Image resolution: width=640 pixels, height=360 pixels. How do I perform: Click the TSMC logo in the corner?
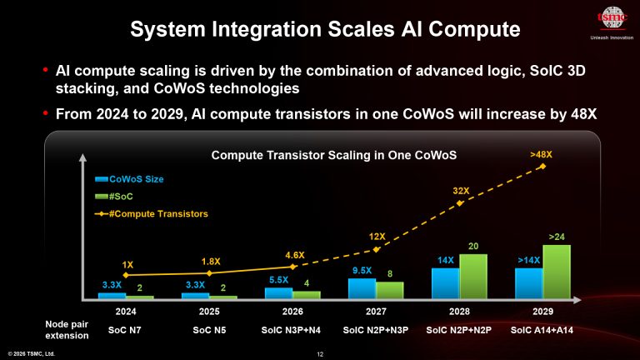tap(612, 17)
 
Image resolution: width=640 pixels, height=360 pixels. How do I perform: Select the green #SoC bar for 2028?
tap(473, 276)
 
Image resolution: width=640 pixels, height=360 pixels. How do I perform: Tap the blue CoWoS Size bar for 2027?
tap(362, 287)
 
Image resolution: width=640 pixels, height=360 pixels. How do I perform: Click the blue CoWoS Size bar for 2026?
tap(278, 292)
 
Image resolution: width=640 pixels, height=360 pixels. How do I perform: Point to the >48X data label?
tap(541, 154)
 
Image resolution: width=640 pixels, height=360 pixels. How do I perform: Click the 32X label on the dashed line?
tap(462, 191)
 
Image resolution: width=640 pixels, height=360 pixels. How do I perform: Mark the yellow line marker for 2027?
tap(377, 249)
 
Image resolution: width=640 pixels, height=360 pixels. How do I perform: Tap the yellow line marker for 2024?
tap(126, 274)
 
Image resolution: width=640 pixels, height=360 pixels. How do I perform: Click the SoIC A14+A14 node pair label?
tap(542, 330)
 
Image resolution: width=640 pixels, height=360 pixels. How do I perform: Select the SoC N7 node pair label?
tap(126, 330)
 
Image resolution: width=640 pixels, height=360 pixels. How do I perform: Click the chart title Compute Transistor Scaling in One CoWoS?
tap(333, 155)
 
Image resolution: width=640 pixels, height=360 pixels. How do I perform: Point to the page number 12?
tap(320, 353)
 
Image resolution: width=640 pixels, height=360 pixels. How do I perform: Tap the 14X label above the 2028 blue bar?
tap(445, 260)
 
